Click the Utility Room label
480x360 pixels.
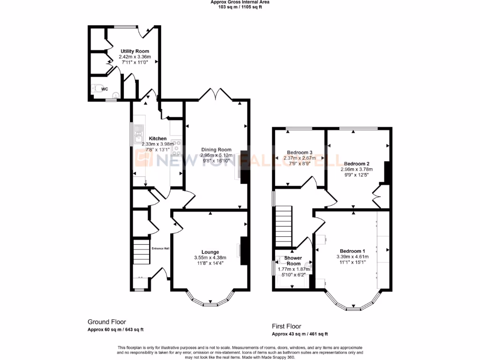click(x=135, y=51)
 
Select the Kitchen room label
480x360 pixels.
click(x=157, y=138)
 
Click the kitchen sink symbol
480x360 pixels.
click(x=139, y=137)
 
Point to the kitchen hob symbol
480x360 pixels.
click(x=177, y=148)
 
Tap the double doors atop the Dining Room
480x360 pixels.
click(x=216, y=94)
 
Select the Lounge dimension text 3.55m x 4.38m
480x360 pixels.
click(x=210, y=257)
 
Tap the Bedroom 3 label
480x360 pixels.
click(x=300, y=152)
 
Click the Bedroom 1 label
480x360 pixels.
click(x=352, y=251)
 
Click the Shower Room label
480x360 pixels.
click(x=293, y=261)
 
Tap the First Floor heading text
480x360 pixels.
click(x=287, y=326)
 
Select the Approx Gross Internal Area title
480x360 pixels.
click(x=240, y=2)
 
